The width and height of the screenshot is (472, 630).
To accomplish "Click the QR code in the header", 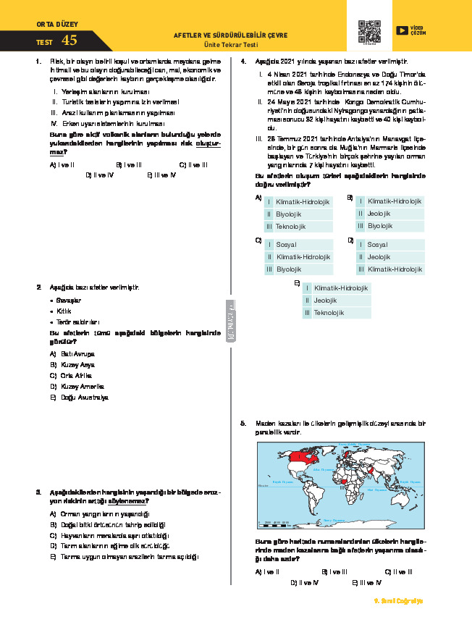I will tap(369, 33).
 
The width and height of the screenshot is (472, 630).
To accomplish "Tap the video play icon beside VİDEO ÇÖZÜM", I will tap(402, 30).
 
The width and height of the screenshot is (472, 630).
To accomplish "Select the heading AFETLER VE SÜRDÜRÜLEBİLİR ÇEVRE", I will tap(230, 35).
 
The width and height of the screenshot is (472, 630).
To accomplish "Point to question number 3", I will tap(38, 492).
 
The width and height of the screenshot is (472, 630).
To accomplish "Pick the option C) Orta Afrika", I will tap(72, 376).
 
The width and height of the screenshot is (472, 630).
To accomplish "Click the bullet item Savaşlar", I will tap(71, 300).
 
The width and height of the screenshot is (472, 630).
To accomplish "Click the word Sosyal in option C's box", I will tap(287, 245).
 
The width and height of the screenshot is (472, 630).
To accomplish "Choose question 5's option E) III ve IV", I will tap(367, 582).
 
